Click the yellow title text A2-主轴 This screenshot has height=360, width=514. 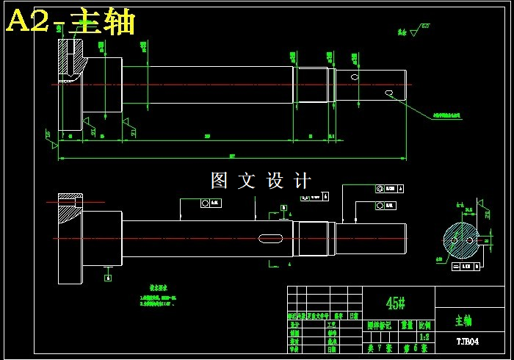70,22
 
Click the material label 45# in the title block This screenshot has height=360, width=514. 396,303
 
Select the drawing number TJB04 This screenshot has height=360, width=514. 467,342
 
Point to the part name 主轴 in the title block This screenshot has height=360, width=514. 463,320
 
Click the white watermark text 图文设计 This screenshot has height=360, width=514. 261,180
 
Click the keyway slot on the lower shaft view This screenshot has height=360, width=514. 271,237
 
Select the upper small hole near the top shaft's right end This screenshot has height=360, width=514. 355,76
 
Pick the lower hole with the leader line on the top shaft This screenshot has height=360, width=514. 389,93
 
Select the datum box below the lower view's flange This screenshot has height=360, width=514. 109,278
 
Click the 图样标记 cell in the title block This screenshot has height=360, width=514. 379,325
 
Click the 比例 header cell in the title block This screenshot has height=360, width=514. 425,325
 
